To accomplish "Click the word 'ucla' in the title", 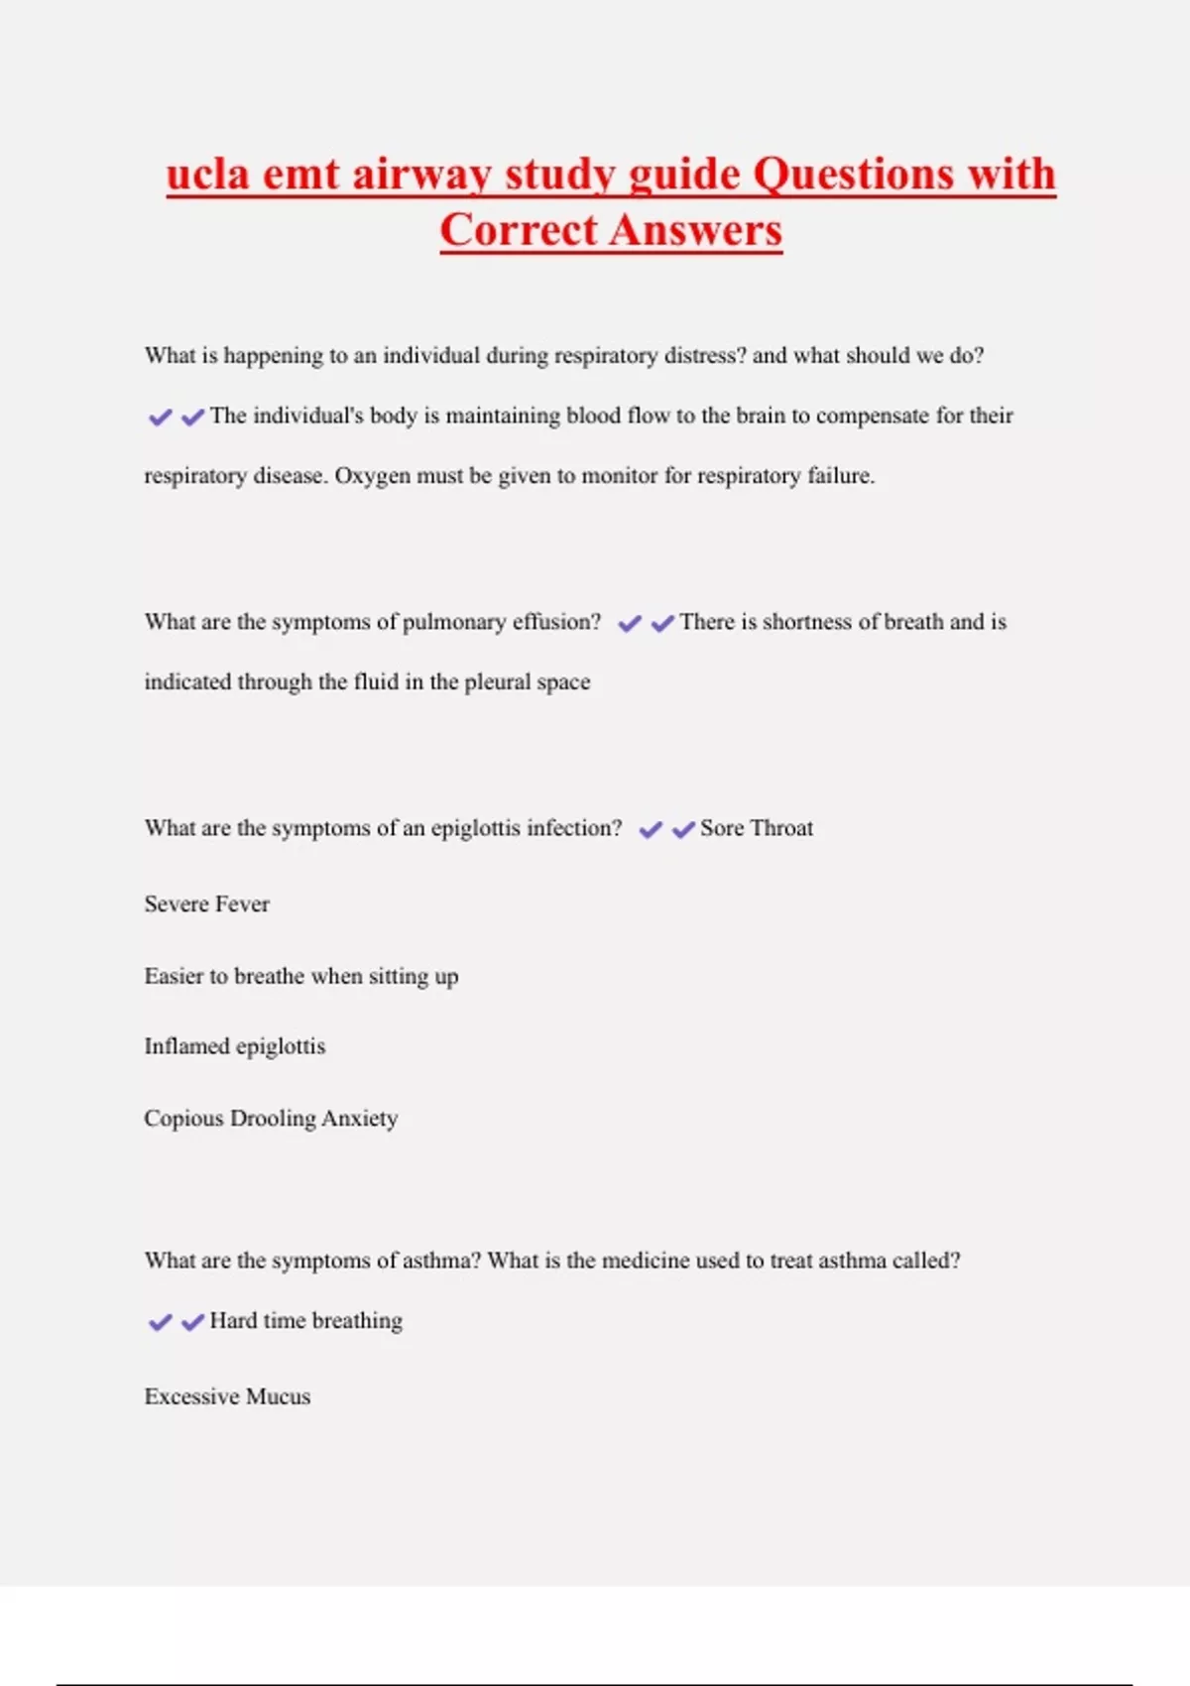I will pos(207,175).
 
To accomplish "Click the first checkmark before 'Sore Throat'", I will pos(651,830).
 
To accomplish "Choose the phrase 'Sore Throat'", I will pos(757,828).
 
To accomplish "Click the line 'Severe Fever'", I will pos(206,904).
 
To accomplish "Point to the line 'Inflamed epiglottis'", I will pos(234,1046).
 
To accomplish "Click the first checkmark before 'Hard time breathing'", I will pos(160,1323).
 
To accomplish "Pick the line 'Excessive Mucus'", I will pos(227,1396).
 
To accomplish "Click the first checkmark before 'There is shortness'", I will pos(630,624).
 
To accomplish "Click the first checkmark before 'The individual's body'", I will pos(160,418).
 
